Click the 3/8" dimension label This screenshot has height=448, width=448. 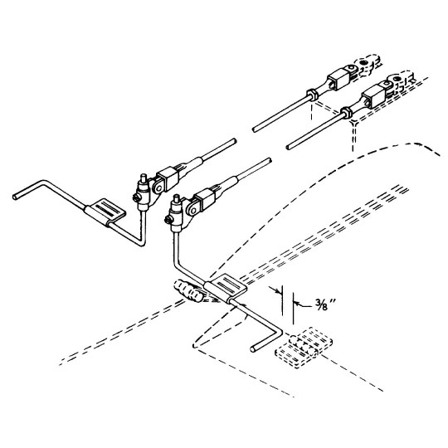(x=325, y=305)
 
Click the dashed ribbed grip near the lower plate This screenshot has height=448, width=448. (x=187, y=291)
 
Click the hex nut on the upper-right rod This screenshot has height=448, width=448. (x=312, y=95)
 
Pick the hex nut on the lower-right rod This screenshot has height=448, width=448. (x=347, y=113)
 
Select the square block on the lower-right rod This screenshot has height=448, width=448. (x=373, y=96)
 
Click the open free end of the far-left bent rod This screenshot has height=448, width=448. (x=15, y=197)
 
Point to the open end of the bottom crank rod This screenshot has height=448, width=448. (x=253, y=348)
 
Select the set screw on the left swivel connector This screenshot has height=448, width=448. (x=136, y=197)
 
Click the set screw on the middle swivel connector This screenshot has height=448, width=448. (x=168, y=219)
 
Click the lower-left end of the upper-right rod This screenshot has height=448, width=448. (x=254, y=129)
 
